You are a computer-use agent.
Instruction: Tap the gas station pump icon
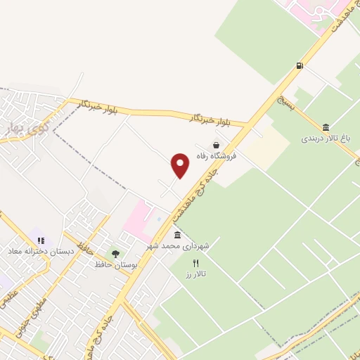point(300,66)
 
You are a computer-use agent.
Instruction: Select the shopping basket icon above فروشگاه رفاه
point(225,146)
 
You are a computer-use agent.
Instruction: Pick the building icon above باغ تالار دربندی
point(326,127)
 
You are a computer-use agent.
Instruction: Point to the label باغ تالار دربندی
point(326,139)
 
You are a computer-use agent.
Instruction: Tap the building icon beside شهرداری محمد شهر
point(177,234)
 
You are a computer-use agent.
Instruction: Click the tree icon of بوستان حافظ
point(115,254)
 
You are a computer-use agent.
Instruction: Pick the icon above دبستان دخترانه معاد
point(39,241)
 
